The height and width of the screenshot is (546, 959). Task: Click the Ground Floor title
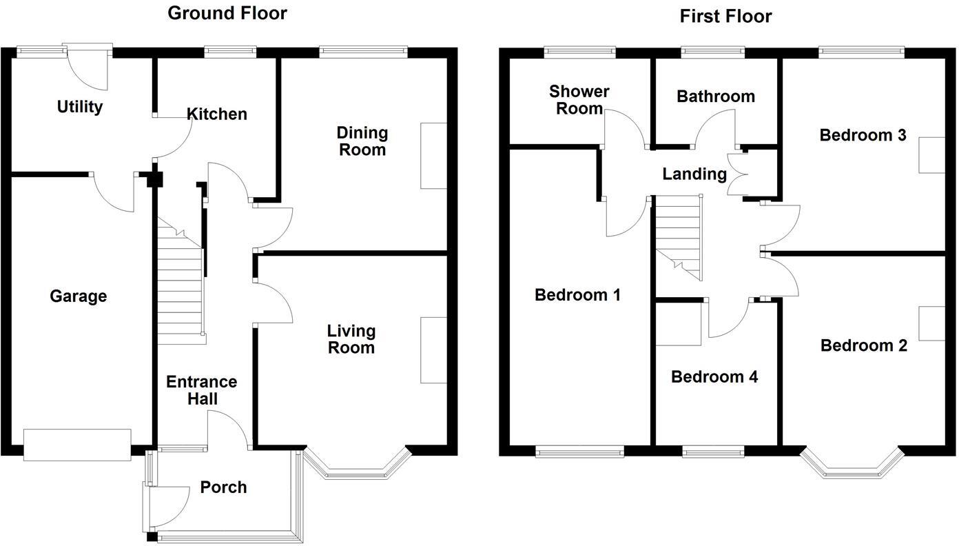[x=227, y=12]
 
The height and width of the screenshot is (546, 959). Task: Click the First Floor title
[x=725, y=16]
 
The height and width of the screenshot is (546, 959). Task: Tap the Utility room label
[x=80, y=107]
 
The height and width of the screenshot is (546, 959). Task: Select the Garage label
[x=78, y=296]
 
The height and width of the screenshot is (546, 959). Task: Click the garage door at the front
[x=77, y=445]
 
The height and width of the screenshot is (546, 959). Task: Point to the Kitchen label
[x=217, y=114]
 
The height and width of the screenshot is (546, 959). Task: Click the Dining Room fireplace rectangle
[x=433, y=156]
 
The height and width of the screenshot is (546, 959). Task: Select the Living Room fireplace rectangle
[x=433, y=350]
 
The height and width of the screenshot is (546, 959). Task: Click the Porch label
[x=223, y=487]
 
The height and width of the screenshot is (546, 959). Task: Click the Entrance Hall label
[x=201, y=390]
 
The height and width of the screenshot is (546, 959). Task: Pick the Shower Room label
[x=579, y=100]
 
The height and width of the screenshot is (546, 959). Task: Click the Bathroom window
[x=713, y=50]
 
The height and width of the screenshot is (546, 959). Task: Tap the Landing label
[x=694, y=174]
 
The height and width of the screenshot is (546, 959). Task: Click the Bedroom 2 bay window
[x=852, y=468]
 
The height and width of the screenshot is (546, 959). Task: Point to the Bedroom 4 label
[x=714, y=377]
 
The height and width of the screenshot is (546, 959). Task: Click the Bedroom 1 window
[x=580, y=452]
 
